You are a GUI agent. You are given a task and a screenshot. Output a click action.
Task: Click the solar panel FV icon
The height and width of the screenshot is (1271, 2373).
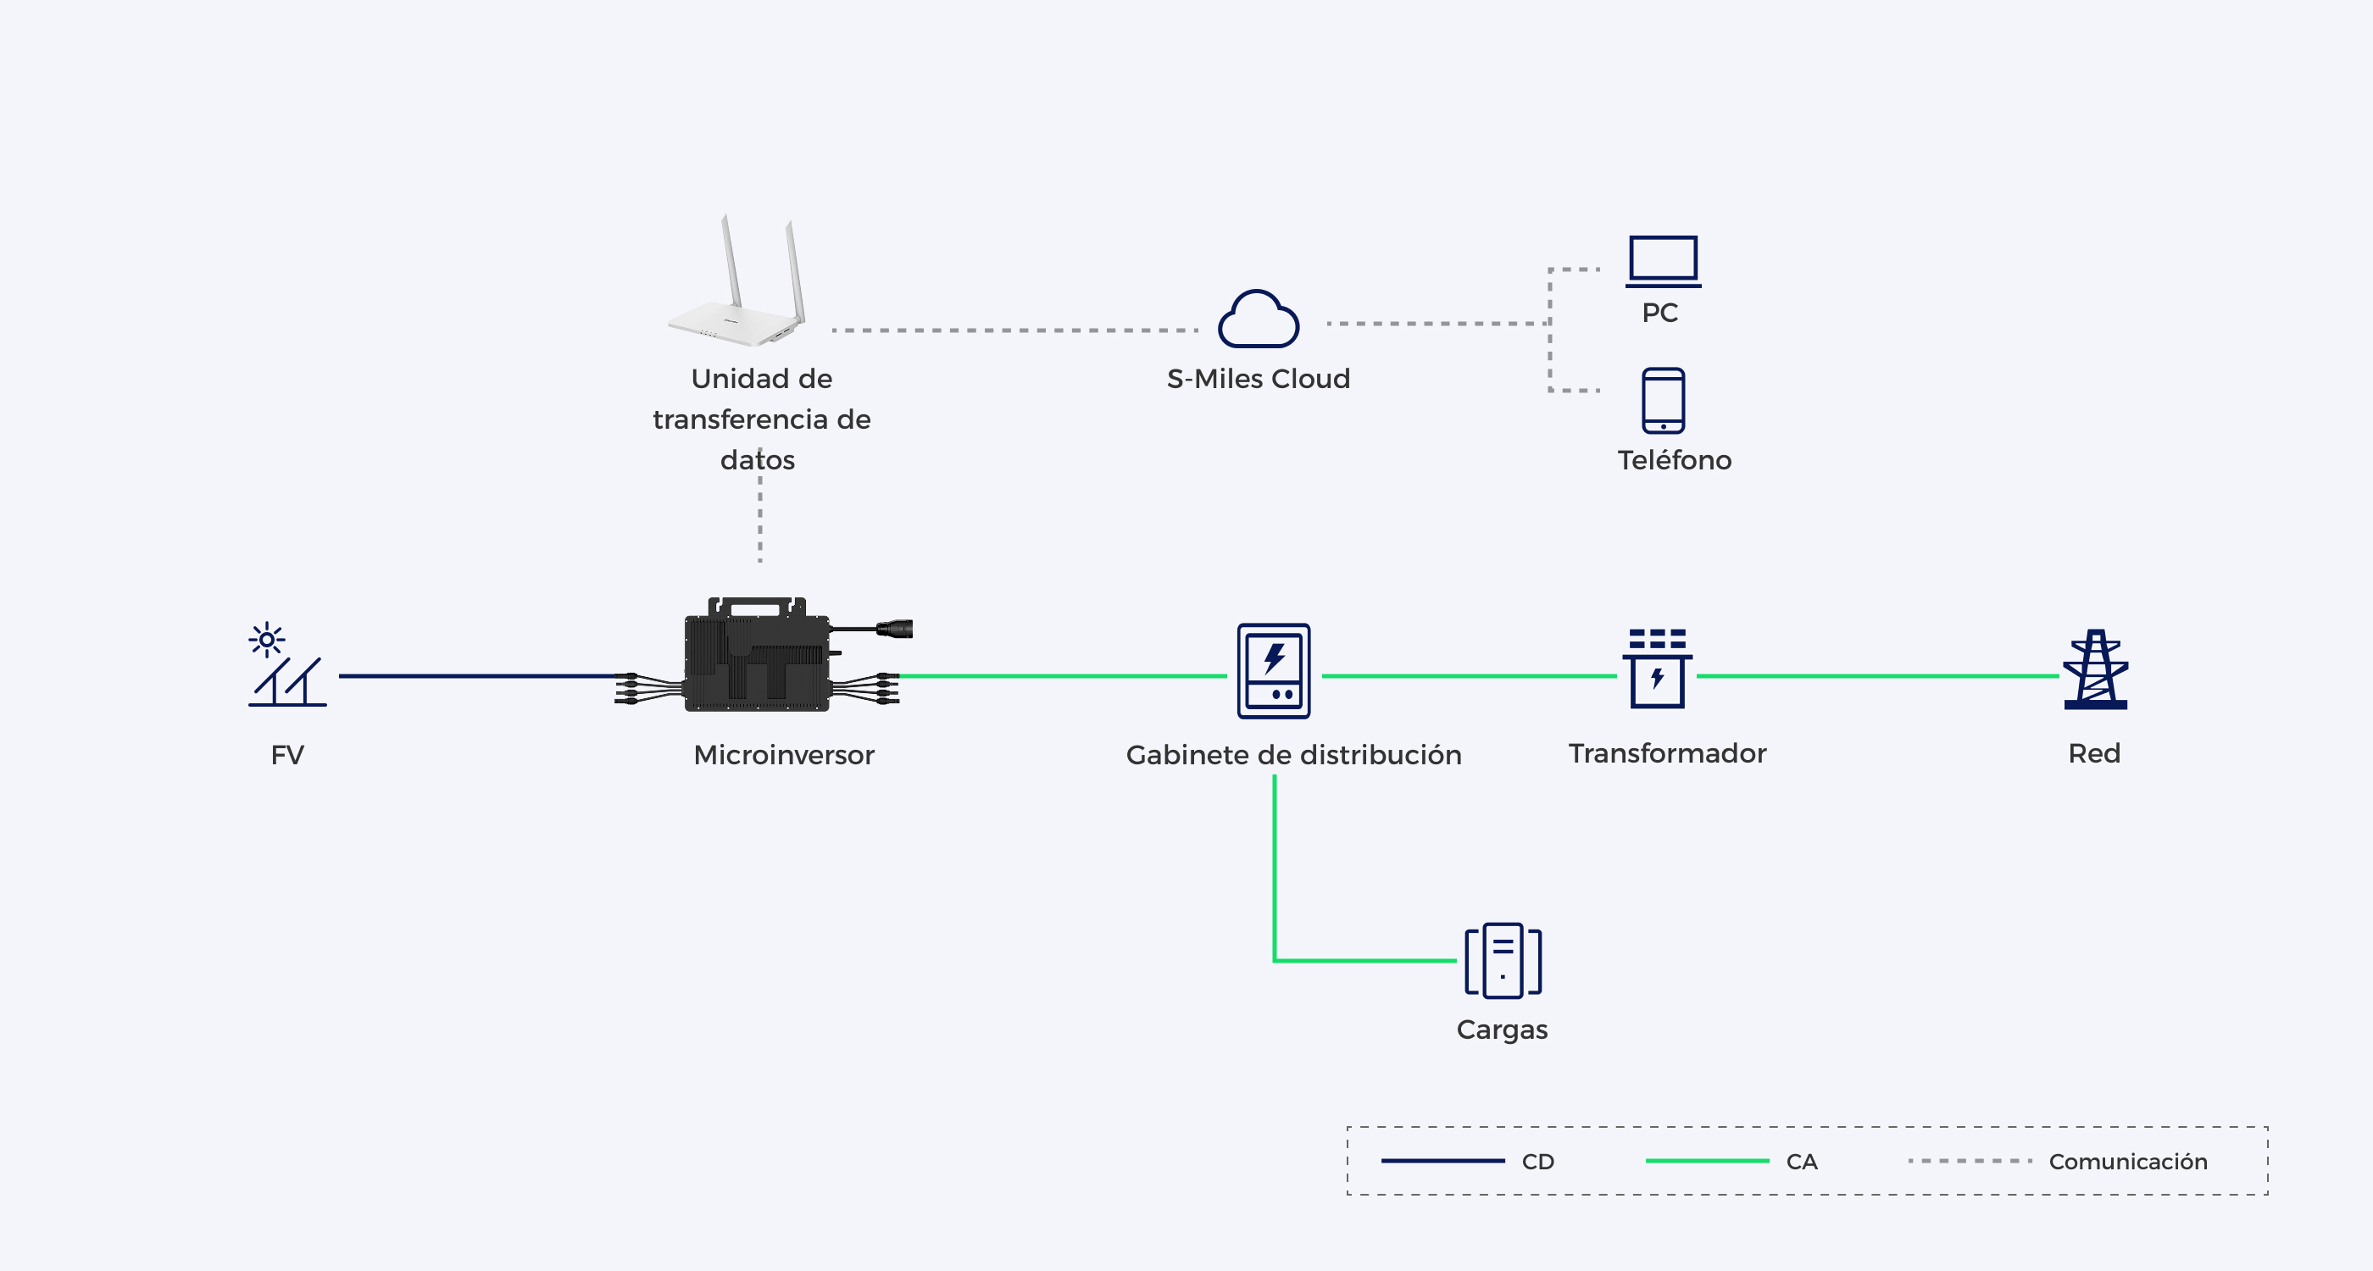286,664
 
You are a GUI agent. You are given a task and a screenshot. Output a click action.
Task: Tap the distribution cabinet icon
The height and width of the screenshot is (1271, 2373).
1273,670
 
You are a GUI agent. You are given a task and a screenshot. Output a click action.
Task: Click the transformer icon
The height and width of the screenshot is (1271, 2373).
1657,668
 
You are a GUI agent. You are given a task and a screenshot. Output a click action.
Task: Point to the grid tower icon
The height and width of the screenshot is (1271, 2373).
2095,669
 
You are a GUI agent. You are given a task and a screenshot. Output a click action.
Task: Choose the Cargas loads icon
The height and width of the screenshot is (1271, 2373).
1503,960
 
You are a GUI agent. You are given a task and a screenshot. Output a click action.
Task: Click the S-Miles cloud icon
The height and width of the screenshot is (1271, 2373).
1259,319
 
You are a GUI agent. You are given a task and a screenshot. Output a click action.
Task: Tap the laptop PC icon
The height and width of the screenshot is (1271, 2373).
1663,262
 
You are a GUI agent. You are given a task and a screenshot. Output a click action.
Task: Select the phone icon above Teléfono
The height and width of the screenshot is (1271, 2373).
1663,401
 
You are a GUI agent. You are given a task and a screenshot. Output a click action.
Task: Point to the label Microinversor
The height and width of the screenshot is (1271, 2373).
784,754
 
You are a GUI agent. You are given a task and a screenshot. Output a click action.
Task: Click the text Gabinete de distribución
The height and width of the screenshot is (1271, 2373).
1293,754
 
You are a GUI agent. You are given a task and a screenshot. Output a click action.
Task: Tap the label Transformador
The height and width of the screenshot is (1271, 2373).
1667,752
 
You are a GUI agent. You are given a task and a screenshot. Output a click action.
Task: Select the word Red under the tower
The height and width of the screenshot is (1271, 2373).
2094,752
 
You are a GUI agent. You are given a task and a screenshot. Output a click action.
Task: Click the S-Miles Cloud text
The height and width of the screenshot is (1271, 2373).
1259,379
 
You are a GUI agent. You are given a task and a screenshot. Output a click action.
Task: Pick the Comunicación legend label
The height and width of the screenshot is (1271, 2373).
2128,1162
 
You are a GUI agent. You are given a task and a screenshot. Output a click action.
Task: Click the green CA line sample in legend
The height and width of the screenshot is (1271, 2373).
1707,1161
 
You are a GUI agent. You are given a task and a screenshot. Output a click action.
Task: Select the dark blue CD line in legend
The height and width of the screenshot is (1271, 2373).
1442,1161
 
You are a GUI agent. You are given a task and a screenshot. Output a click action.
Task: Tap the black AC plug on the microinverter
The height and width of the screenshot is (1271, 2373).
893,629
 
